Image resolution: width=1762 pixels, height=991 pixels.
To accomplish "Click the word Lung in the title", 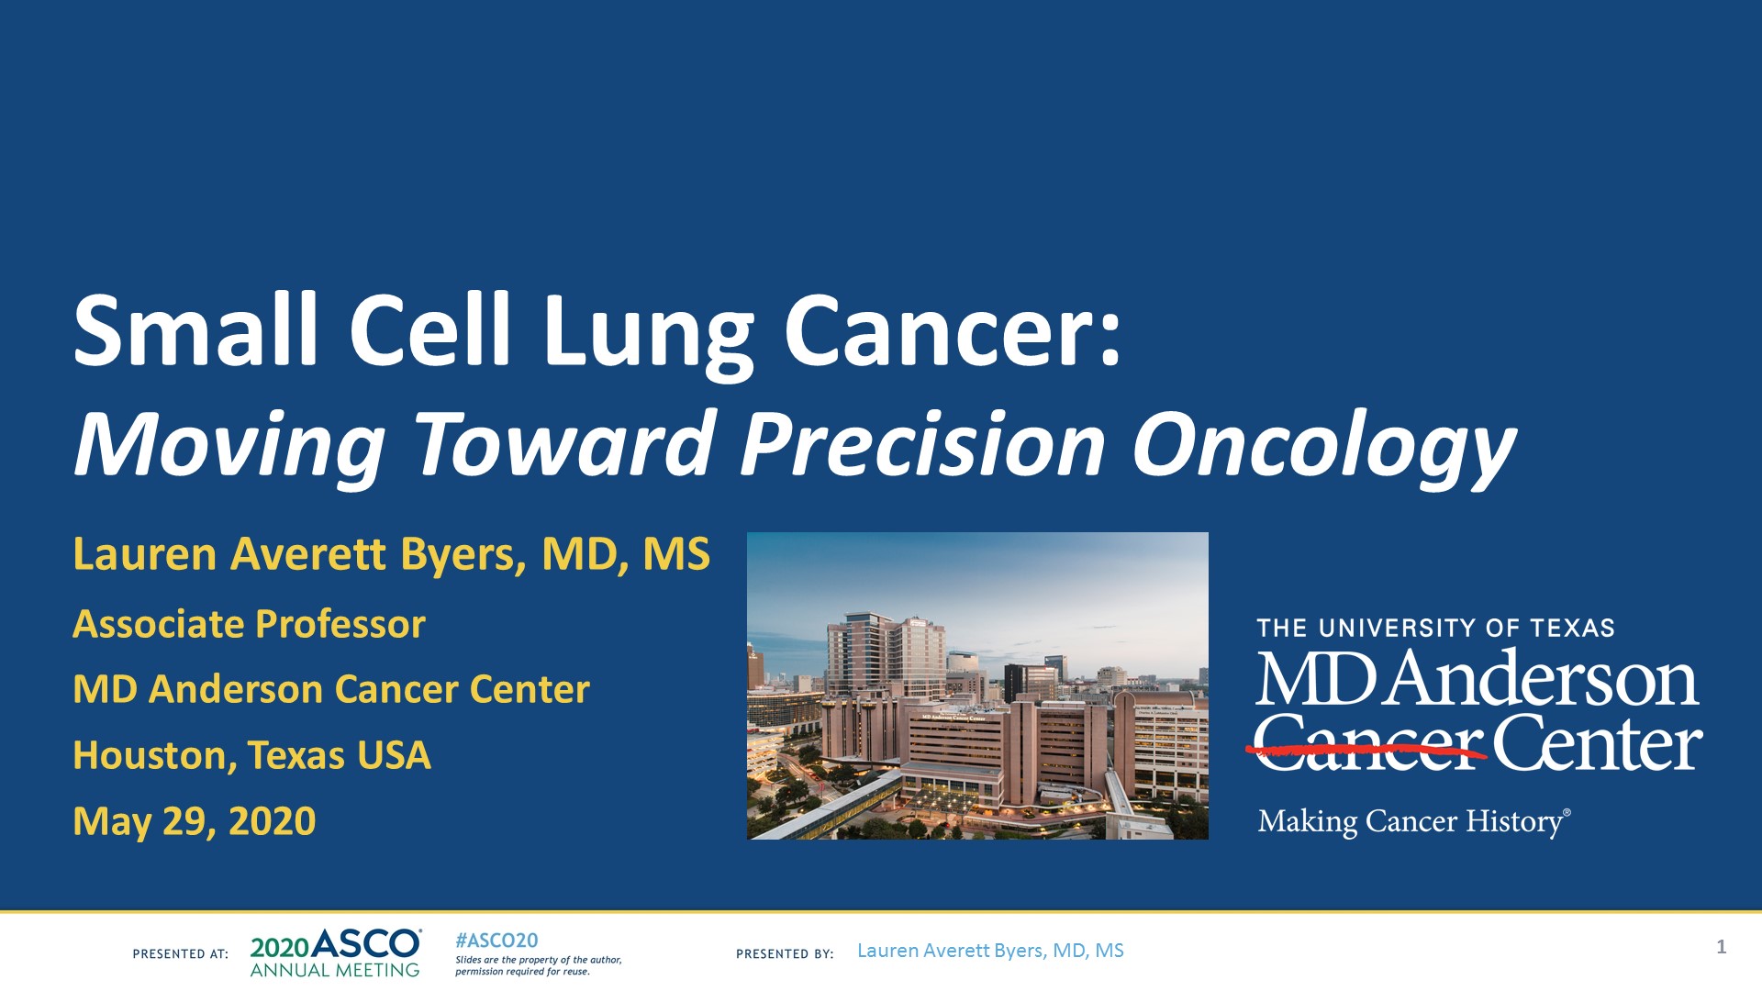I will pyautogui.click(x=648, y=332).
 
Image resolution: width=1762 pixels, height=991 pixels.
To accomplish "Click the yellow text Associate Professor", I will pyautogui.click(x=249, y=624).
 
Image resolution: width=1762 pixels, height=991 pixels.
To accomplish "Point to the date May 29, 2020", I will pyautogui.click(x=195, y=820).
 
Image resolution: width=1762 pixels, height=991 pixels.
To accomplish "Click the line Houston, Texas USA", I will pyautogui.click(x=251, y=755).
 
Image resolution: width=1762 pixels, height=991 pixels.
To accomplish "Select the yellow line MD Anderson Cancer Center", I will pyautogui.click(x=330, y=689).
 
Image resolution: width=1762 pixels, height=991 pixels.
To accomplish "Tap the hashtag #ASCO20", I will pyautogui.click(x=496, y=941).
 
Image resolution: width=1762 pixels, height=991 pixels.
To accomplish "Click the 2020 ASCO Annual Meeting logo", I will pyautogui.click(x=336, y=953).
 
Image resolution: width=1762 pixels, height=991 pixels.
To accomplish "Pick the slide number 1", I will pyautogui.click(x=1721, y=947).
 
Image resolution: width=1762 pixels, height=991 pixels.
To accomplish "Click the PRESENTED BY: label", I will pyautogui.click(x=785, y=954).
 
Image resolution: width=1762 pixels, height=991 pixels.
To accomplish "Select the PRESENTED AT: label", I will pyautogui.click(x=181, y=954).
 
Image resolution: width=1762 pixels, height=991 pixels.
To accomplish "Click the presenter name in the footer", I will pyautogui.click(x=990, y=951).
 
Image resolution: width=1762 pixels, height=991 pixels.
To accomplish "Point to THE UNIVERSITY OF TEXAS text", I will pyautogui.click(x=1435, y=629).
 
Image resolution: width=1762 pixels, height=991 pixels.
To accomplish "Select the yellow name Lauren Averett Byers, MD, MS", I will pyautogui.click(x=391, y=555).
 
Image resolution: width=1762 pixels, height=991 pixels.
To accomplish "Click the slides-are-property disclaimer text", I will pyautogui.click(x=538, y=965).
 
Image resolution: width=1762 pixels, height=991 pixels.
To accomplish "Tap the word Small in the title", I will pyautogui.click(x=195, y=332).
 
